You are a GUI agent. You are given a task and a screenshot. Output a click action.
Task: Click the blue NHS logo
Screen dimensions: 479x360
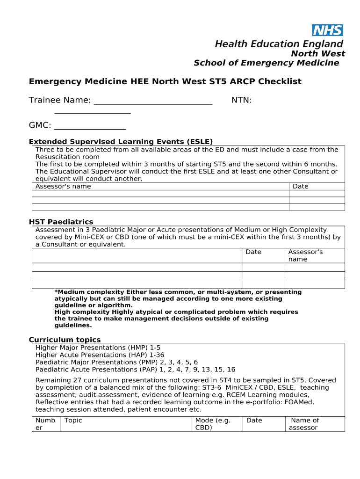pyautogui.click(x=327, y=30)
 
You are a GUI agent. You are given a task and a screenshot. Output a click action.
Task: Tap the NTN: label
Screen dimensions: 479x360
pyautogui.click(x=242, y=100)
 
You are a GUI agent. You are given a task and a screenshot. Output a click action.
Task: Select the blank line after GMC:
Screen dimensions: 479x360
pyautogui.click(x=90, y=126)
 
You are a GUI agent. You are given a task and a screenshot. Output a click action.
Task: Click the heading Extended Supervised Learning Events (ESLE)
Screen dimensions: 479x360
pyautogui.click(x=121, y=142)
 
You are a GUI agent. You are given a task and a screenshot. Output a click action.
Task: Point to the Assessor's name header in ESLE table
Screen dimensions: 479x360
pyautogui.click(x=63, y=186)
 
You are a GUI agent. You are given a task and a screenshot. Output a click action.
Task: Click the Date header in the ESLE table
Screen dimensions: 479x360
pyautogui.click(x=300, y=186)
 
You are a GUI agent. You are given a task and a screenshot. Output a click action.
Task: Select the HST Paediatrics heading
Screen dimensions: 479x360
pyautogui.click(x=61, y=222)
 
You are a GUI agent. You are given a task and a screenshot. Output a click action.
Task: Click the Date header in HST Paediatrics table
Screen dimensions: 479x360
pyautogui.click(x=253, y=252)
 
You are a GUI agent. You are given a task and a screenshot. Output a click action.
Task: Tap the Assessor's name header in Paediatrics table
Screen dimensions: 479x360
pyautogui.click(x=305, y=255)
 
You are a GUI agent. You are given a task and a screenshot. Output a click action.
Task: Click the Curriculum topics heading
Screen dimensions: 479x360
pyautogui.click(x=65, y=340)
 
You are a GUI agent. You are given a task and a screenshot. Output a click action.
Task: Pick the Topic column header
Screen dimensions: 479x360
pyautogui.click(x=73, y=420)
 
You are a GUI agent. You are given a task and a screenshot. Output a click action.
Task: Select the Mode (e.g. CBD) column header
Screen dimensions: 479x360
pyautogui.click(x=213, y=424)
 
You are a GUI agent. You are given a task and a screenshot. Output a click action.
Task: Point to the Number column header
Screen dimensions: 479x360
pyautogui.click(x=45, y=424)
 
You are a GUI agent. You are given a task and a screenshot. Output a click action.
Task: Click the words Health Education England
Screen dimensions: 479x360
pyautogui.click(x=279, y=44)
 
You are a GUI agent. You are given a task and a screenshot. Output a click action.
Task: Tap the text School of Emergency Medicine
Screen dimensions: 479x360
pyautogui.click(x=266, y=63)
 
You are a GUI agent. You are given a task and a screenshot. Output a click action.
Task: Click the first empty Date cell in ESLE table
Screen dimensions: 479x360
pyautogui.click(x=317, y=194)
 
